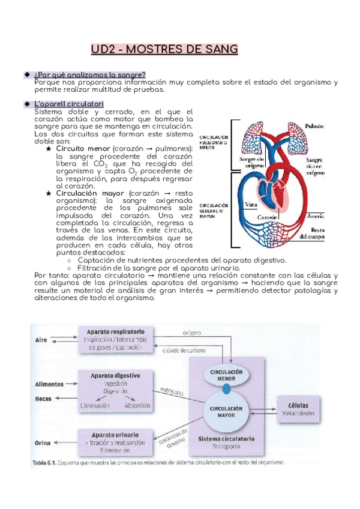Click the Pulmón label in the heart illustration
pyautogui.click(x=317, y=127)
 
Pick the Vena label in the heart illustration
pyautogui.click(x=253, y=204)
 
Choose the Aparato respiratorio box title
pyautogui.click(x=115, y=331)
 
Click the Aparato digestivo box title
pyautogui.click(x=115, y=375)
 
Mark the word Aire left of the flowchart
pyautogui.click(x=41, y=340)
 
